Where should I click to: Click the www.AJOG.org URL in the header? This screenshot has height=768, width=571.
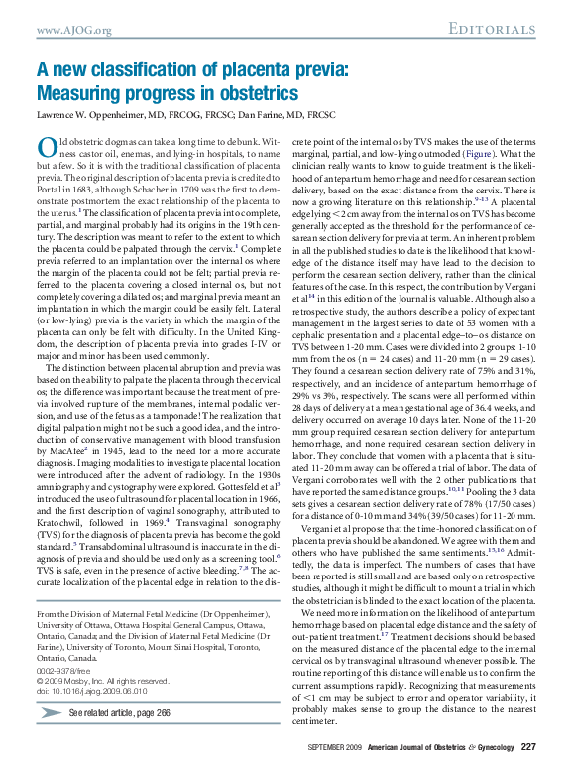pyautogui.click(x=73, y=32)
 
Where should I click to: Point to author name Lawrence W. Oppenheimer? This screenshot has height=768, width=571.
pyautogui.click(x=92, y=115)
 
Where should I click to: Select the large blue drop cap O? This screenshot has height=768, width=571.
pyautogui.click(x=46, y=147)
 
